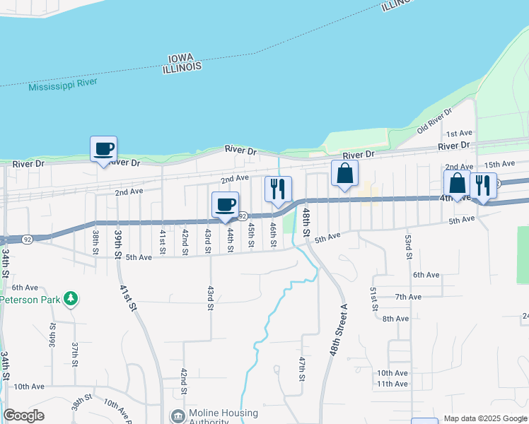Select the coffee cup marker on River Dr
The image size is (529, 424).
tap(103, 149)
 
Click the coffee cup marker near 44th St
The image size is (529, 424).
tap(225, 205)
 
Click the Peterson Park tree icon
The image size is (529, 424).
tap(70, 299)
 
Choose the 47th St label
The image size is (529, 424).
tap(302, 368)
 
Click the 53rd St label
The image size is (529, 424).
tap(408, 247)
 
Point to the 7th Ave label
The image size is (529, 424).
tap(408, 297)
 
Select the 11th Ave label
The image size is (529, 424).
tap(392, 384)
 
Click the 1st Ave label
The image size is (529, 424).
tap(458, 134)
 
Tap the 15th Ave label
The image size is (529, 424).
tap(496, 164)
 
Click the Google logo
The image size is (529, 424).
tap(23, 416)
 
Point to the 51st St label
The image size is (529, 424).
tap(373, 298)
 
